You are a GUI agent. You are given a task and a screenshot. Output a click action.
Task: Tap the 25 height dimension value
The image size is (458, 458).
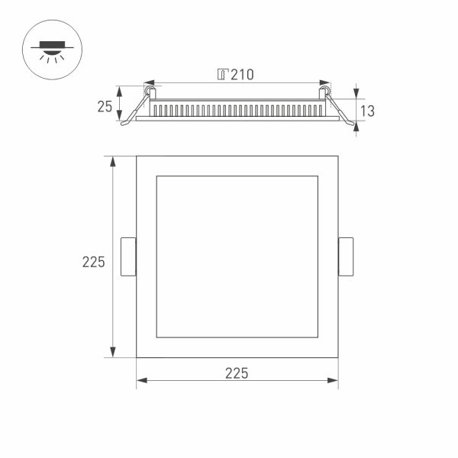pyautogui.click(x=105, y=107)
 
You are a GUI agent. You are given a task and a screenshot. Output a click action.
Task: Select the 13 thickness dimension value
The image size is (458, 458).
pyautogui.click(x=366, y=111)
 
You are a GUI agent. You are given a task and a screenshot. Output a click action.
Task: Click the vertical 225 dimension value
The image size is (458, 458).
pyautogui.click(x=93, y=262)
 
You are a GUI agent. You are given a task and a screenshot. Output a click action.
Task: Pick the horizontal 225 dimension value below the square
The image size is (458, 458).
pyautogui.click(x=237, y=373)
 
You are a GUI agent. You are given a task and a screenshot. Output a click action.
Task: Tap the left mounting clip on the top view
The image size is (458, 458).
pyautogui.click(x=128, y=256)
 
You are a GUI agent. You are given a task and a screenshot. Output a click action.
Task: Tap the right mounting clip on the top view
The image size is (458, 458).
pyautogui.click(x=346, y=256)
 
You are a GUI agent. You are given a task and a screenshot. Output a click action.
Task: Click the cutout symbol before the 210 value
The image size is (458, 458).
pyautogui.click(x=223, y=74)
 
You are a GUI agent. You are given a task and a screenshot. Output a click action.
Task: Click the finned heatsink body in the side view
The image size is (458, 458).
pyautogui.click(x=237, y=109)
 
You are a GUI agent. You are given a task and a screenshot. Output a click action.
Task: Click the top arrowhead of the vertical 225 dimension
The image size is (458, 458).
pyautogui.click(x=114, y=161)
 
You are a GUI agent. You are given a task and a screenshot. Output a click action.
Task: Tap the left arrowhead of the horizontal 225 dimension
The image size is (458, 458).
pyautogui.click(x=140, y=379)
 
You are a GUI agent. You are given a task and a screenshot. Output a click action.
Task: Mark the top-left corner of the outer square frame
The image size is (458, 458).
pyautogui.click(x=137, y=156)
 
